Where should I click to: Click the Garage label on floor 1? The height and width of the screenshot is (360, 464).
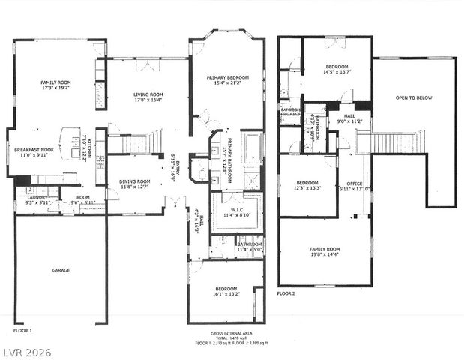(x=61, y=270)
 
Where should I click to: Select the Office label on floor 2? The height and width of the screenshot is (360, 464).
(x=354, y=186)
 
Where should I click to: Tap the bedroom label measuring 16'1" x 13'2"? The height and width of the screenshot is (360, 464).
(x=226, y=292)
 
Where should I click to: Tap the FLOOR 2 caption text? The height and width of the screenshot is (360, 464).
(x=288, y=292)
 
